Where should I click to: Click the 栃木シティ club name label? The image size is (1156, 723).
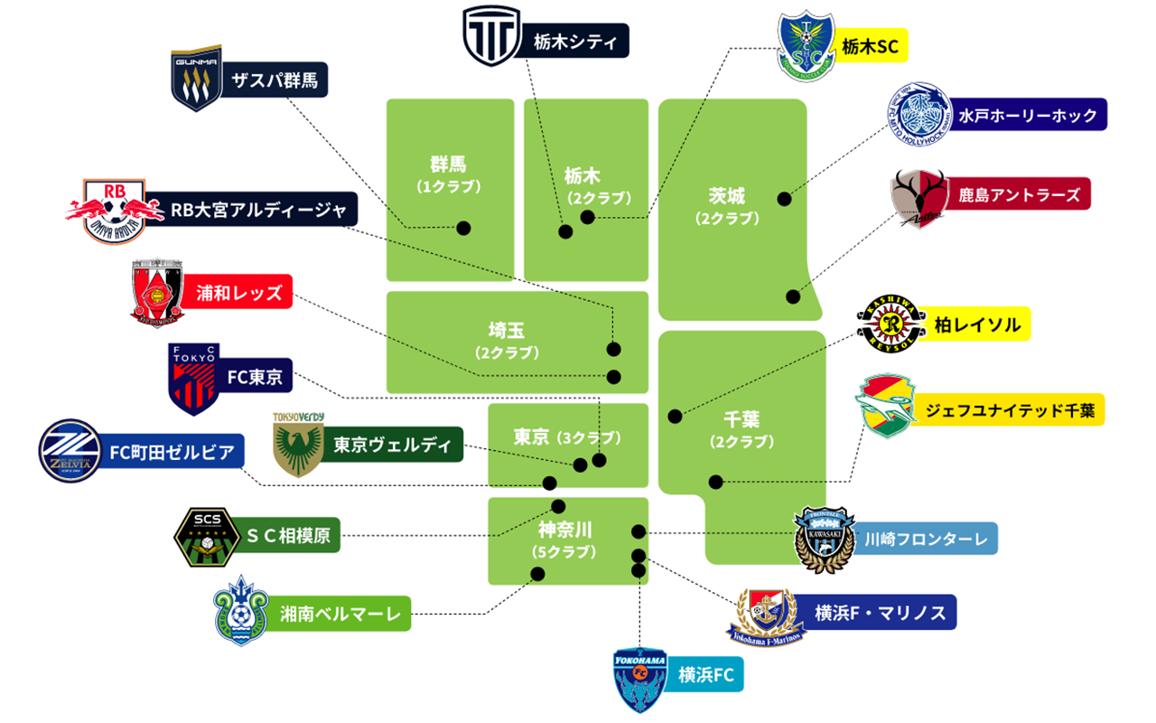point(575,41)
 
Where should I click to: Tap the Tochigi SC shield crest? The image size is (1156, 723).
point(806,46)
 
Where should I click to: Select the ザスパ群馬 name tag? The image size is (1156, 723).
point(275,80)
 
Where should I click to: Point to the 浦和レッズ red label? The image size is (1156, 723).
point(238,292)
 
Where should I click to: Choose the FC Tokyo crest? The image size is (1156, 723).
point(194,379)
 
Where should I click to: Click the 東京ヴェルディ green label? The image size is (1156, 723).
point(392,444)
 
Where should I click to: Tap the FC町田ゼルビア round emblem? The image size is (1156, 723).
point(70,451)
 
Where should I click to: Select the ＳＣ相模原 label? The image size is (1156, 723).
point(288,535)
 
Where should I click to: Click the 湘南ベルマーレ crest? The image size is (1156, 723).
point(241,610)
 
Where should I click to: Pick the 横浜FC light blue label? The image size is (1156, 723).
point(705,674)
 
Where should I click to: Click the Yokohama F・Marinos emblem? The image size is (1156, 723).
point(767,617)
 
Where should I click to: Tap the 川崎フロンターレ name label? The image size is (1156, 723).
point(926,539)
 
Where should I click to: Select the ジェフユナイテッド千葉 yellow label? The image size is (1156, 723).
point(1010,410)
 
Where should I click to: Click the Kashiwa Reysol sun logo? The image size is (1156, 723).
point(890,324)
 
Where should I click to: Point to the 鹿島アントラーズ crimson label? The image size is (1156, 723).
point(1019,194)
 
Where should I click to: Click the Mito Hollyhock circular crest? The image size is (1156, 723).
point(919,114)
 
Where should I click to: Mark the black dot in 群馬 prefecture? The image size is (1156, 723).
point(463,228)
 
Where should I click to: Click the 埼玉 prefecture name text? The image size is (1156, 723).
point(507,330)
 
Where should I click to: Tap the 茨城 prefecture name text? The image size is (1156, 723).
point(727,196)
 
